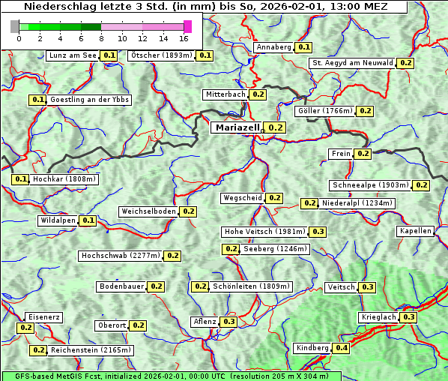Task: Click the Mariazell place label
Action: coord(237,127)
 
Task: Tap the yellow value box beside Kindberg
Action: coord(342,348)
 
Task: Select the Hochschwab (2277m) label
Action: coord(121,256)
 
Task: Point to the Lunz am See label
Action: coord(72,55)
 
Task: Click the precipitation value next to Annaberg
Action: coord(303,47)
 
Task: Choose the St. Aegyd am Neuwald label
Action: coord(352,63)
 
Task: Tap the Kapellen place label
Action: coord(416,231)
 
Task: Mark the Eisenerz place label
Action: coord(43,317)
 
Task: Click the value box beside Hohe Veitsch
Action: coord(318,232)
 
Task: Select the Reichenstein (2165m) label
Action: coord(91,350)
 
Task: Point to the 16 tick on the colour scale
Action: coord(184,37)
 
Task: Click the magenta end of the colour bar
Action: coord(187,26)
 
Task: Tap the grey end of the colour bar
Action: coord(15,26)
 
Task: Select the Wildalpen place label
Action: coord(58,220)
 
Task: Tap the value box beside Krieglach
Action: coord(408,317)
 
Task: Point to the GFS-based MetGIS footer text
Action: coord(172,376)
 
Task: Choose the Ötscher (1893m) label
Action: coord(160,55)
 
